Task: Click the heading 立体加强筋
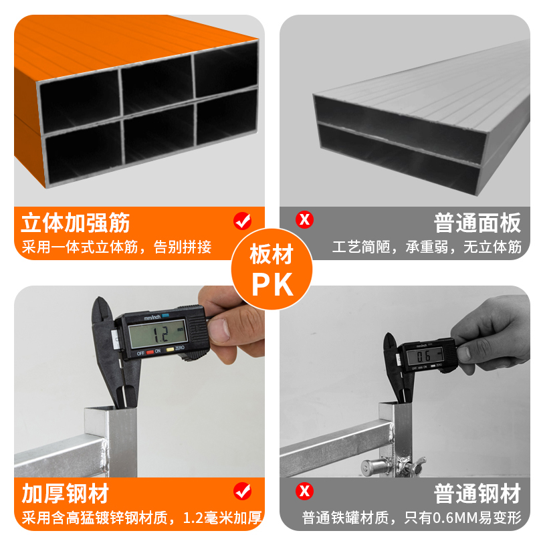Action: tap(76, 222)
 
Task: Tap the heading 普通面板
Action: tap(477, 222)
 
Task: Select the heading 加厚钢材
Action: tap(65, 494)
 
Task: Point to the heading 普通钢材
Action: tap(477, 494)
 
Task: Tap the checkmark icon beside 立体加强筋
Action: tap(241, 220)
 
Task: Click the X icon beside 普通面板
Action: tap(305, 219)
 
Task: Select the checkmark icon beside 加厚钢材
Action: tap(242, 492)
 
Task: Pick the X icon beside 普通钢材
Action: tap(305, 492)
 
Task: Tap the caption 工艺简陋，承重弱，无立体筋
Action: tap(427, 247)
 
